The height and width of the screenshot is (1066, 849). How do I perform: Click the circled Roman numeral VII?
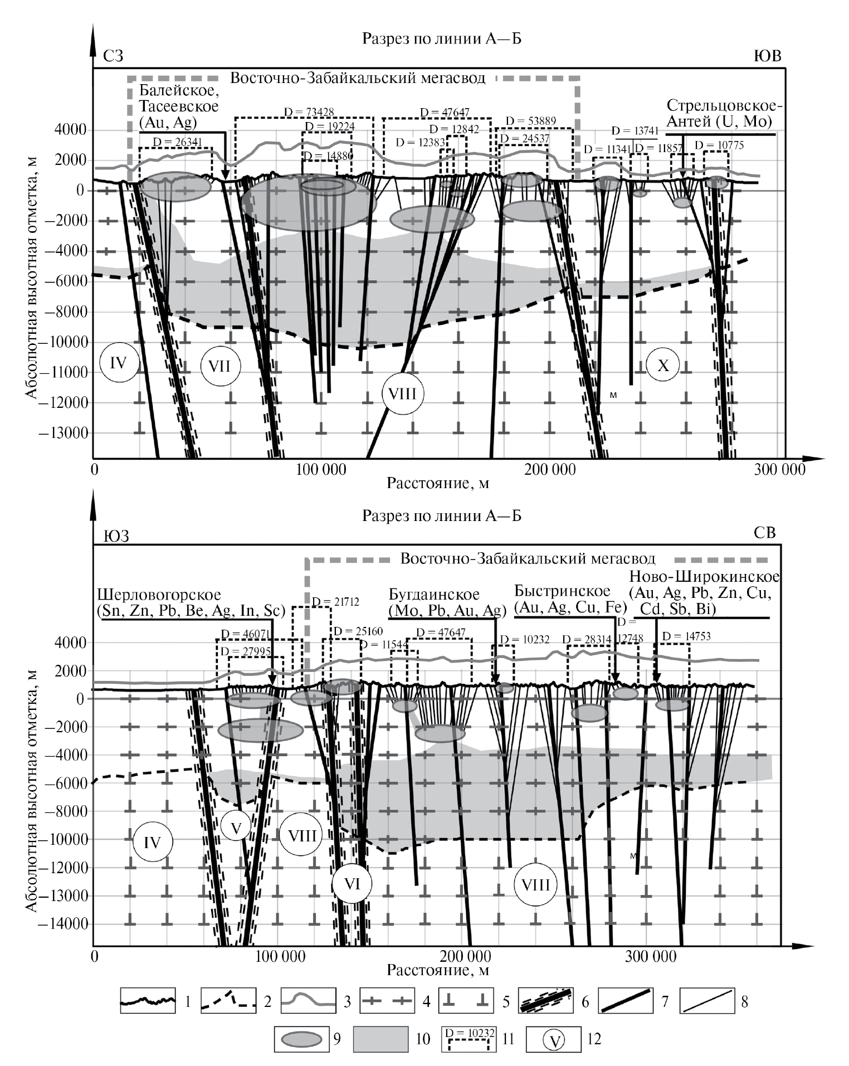220,366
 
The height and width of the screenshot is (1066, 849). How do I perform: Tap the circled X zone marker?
663,366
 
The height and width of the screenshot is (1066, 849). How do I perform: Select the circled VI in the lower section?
352,883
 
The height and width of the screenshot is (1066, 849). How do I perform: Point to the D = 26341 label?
176,142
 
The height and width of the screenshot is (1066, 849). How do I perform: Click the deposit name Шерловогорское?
159,595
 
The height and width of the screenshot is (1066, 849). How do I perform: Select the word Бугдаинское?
434,594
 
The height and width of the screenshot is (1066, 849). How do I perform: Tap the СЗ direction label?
113,56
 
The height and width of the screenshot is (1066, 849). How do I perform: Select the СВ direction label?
764,533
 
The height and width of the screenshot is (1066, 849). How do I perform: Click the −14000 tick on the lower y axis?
62,924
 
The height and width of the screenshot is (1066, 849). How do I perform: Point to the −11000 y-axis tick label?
62,372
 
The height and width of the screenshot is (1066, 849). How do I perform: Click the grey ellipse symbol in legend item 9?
302,1039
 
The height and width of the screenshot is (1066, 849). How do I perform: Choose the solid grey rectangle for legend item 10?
380,1039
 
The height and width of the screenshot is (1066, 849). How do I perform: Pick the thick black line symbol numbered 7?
624,1001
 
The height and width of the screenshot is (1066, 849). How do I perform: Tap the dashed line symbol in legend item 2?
228,1001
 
